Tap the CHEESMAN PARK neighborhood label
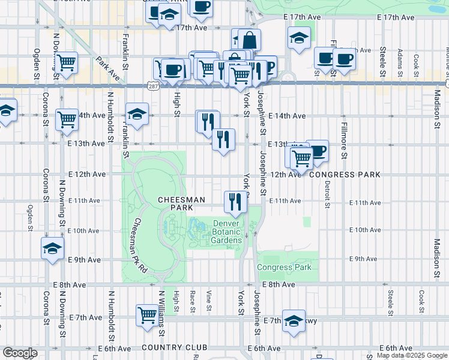[x=182, y=203]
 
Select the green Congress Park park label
[x=284, y=267]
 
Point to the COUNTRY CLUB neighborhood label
[x=174, y=347]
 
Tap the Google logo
[x=19, y=353]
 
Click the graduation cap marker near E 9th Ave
[x=52, y=248]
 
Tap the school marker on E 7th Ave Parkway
[x=294, y=320]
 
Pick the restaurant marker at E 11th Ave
[x=235, y=201]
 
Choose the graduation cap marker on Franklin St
[x=137, y=114]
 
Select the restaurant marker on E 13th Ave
[x=223, y=140]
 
